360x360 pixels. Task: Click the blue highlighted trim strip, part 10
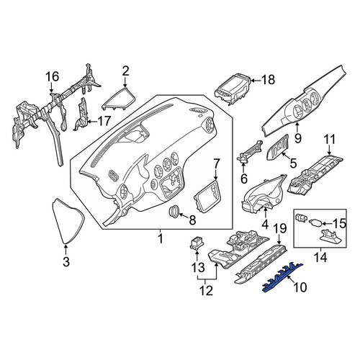(x=283, y=277)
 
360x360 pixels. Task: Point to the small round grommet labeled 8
(x=174, y=212)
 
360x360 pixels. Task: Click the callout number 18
(x=268, y=80)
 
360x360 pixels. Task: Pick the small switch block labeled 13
(x=197, y=243)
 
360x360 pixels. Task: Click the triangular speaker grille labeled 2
(x=119, y=99)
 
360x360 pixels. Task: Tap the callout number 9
(x=298, y=138)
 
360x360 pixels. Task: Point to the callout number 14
(x=321, y=258)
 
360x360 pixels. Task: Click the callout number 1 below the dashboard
(x=161, y=239)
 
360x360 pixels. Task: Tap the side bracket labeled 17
(x=81, y=114)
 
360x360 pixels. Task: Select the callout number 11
(x=330, y=140)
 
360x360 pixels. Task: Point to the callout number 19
(x=279, y=228)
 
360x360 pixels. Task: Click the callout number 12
(x=206, y=290)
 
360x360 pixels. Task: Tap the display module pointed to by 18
(x=232, y=89)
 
